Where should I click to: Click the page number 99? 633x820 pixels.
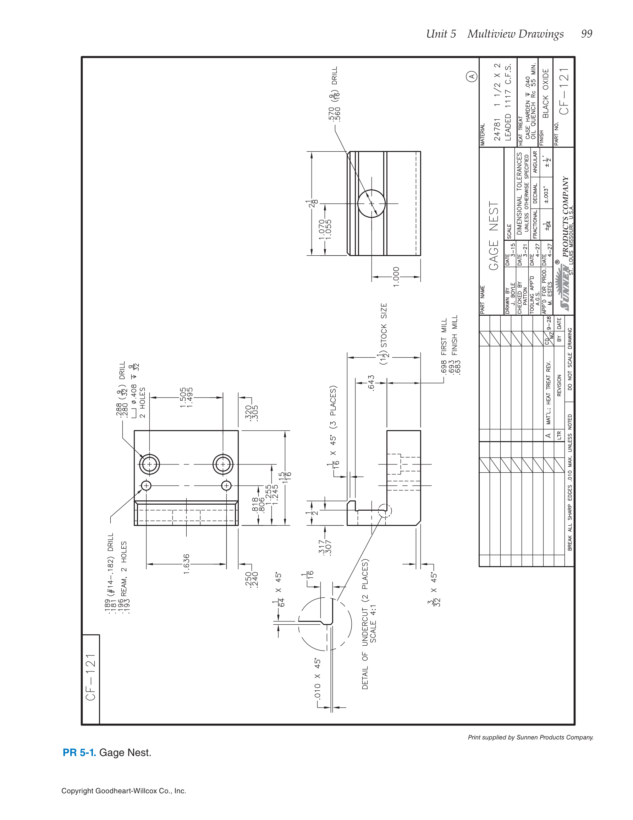tap(587, 34)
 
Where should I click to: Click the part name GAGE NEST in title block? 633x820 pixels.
tap(494, 236)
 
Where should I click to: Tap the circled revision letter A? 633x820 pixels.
tap(472, 76)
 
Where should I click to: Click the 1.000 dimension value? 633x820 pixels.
tap(396, 277)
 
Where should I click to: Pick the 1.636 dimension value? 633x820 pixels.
tap(187, 564)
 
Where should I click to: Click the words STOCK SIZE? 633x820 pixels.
tap(384, 325)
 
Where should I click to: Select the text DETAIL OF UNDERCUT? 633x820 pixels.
tap(365, 652)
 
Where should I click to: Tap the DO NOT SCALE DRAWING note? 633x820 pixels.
tap(569, 359)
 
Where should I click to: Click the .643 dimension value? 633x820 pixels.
tap(371, 383)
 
